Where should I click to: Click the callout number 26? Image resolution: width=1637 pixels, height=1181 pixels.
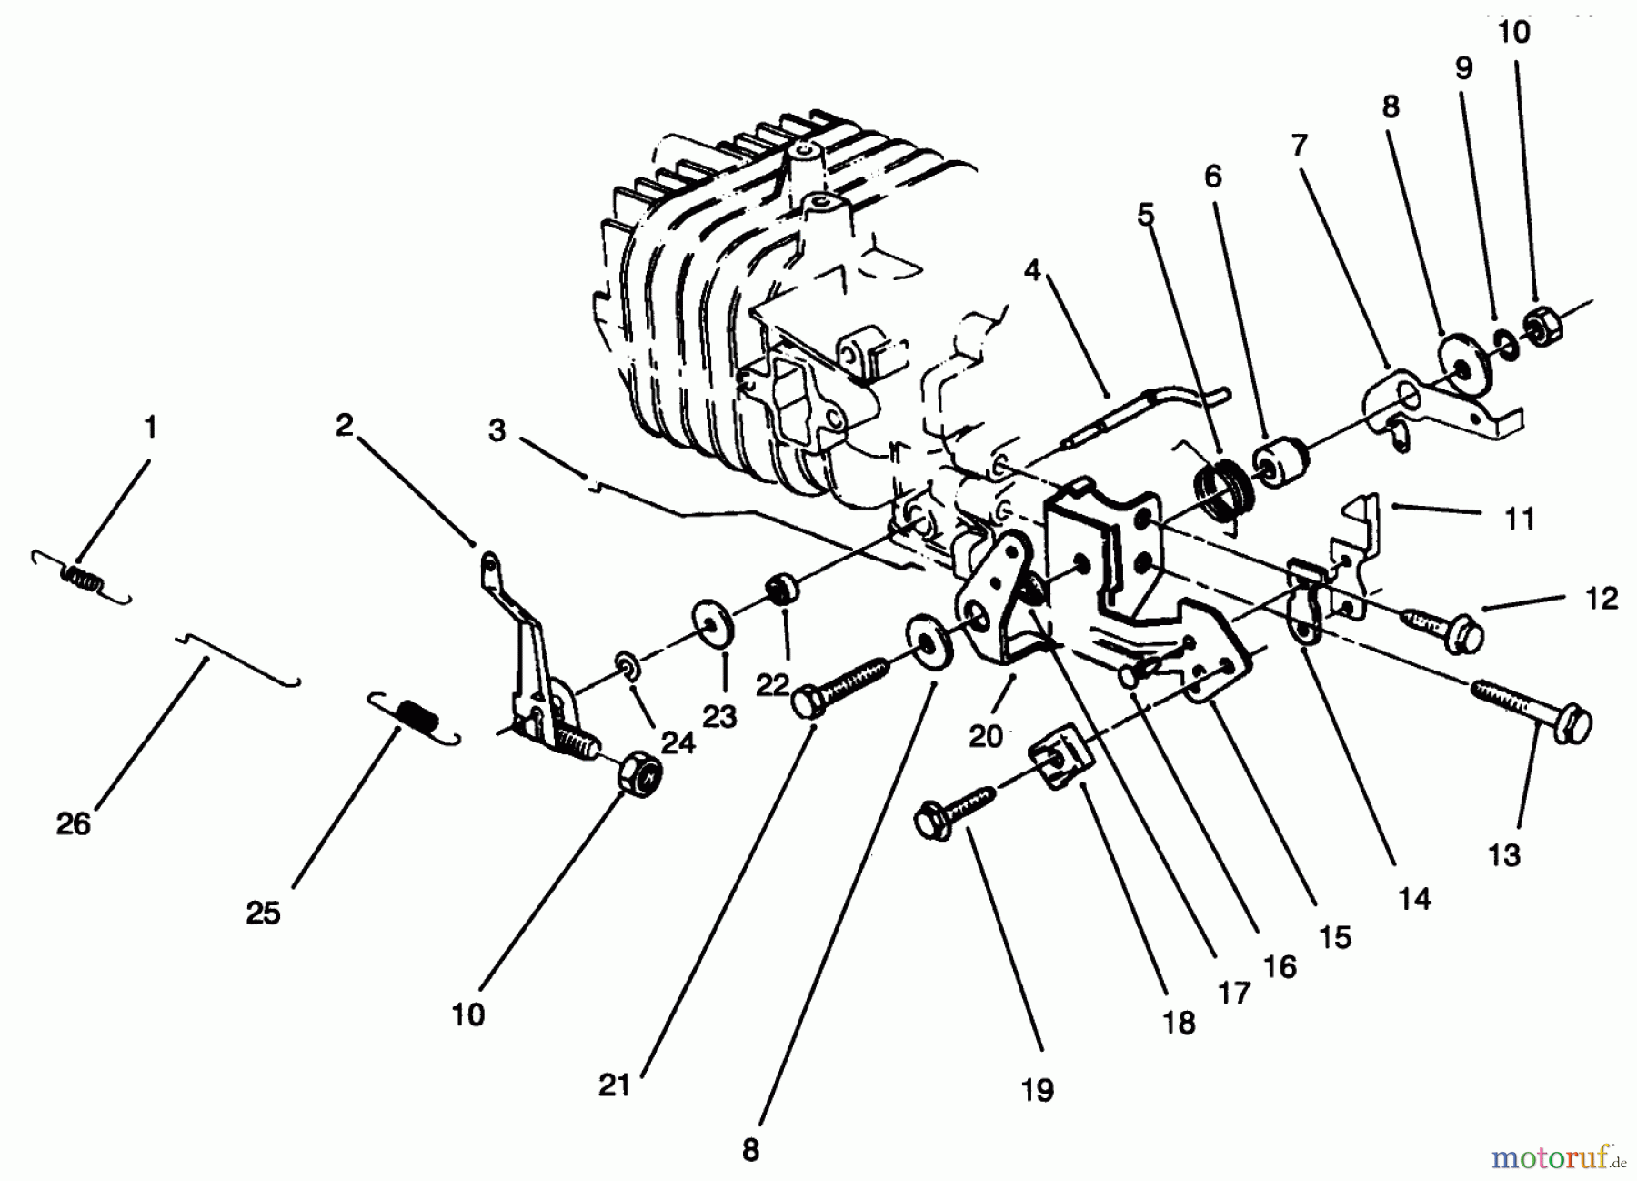click(x=74, y=823)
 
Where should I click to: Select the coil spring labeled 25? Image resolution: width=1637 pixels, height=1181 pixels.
click(x=414, y=718)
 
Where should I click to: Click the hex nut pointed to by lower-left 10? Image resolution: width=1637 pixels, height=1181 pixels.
click(x=639, y=773)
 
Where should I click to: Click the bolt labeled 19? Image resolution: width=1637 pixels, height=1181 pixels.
click(x=955, y=813)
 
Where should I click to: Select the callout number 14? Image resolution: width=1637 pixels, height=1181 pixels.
click(x=1415, y=899)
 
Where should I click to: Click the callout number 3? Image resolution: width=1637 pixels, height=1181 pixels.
click(x=497, y=430)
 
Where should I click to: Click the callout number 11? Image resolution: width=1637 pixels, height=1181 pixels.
click(x=1519, y=519)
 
